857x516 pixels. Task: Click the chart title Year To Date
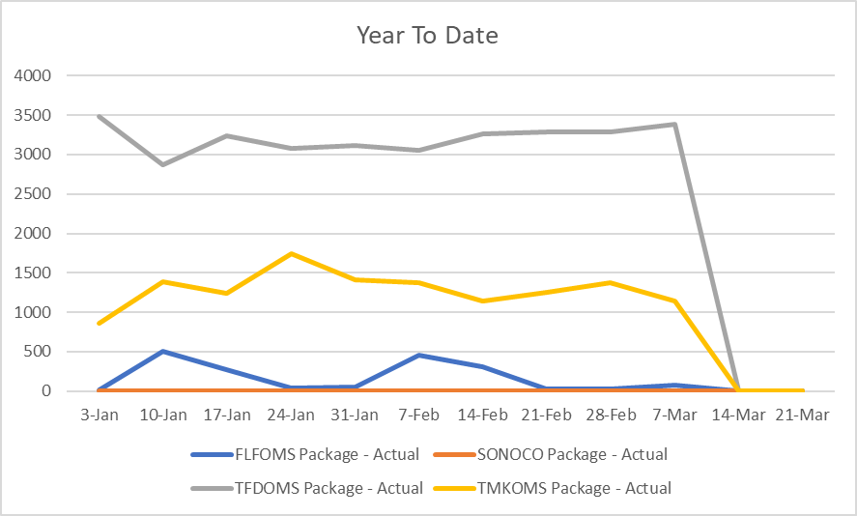427,36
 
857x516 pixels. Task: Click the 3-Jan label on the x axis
100,414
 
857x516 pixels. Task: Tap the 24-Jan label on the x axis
291,414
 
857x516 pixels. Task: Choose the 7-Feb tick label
418,414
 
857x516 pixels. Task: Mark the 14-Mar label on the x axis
738,414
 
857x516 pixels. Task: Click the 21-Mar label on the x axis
802,414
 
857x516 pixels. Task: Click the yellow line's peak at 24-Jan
292,253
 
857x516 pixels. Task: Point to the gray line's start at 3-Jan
100,117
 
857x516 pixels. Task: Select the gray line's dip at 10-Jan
163,164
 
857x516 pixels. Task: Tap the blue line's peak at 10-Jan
163,351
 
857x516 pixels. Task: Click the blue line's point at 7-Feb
419,355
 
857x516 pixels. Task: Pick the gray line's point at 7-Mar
674,124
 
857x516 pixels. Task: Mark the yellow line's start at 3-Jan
100,323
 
